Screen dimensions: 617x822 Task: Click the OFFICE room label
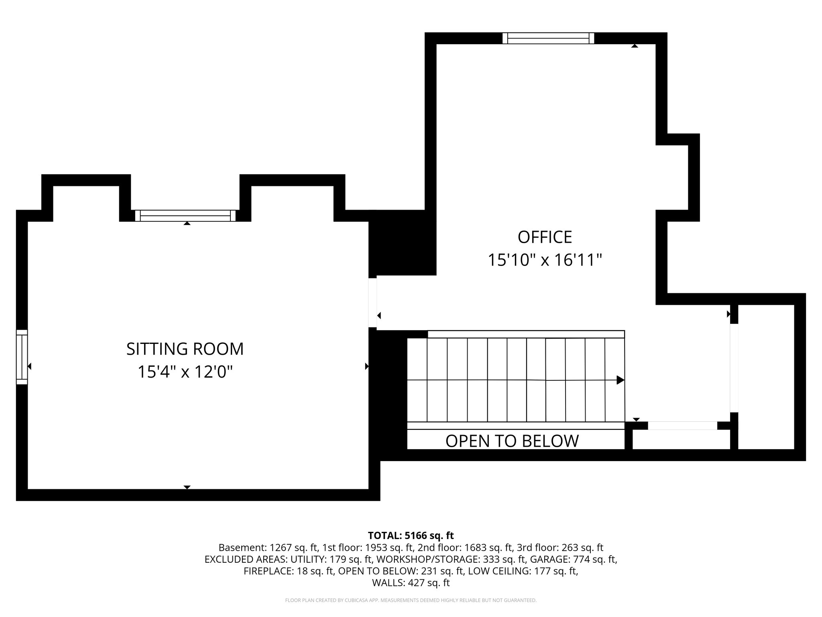tap(545, 237)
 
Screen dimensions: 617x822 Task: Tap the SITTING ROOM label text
tap(185, 349)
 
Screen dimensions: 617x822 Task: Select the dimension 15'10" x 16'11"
tap(545, 260)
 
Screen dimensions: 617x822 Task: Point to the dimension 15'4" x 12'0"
tap(185, 372)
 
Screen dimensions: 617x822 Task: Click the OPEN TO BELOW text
tap(512, 441)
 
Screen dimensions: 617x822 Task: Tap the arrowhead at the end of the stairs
tap(620, 380)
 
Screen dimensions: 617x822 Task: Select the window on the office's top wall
tap(548, 38)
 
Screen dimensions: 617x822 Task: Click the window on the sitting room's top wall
tap(185, 216)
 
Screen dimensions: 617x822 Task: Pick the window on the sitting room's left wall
tap(22, 357)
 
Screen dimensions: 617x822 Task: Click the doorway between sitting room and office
tap(372, 302)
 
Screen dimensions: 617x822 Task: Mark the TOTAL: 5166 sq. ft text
tap(411, 535)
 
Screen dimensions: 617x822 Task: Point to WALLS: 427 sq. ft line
tap(411, 583)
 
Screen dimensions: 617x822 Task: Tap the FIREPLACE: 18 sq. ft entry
tap(289, 571)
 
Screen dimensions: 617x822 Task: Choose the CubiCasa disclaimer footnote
tap(411, 601)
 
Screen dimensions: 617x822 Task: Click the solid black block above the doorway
tap(401, 243)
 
